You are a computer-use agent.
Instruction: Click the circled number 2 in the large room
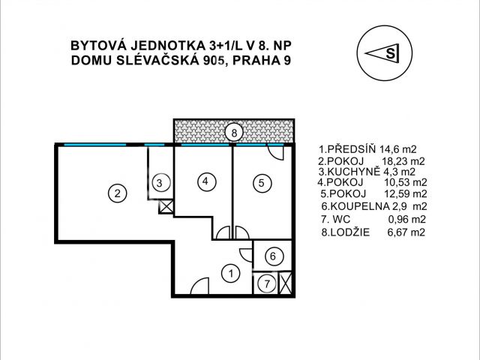click(x=116, y=193)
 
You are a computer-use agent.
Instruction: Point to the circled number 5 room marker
click(x=259, y=181)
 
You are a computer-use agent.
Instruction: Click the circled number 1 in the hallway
click(x=232, y=274)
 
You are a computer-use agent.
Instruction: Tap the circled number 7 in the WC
click(x=265, y=284)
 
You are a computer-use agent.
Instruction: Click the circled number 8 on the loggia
click(x=235, y=133)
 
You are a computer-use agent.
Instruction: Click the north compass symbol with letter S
click(x=384, y=53)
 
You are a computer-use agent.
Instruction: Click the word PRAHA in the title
click(x=255, y=61)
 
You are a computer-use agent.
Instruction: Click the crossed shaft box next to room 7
click(x=285, y=283)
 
